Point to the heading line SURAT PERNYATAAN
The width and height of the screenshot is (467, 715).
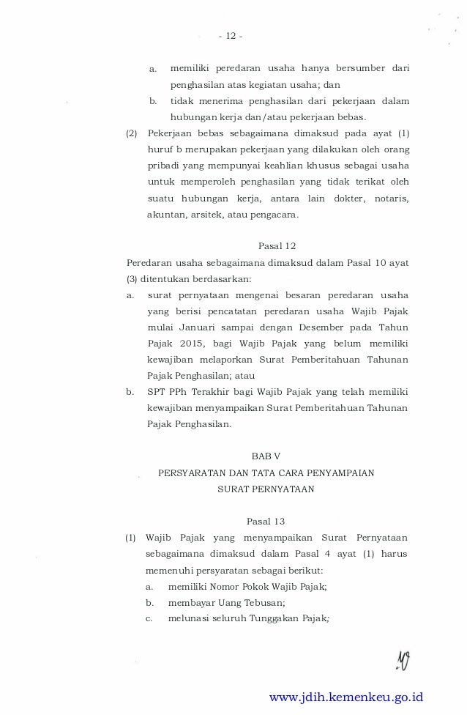pyautogui.click(x=266, y=490)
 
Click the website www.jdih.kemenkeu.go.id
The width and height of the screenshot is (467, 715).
pyautogui.click(x=346, y=697)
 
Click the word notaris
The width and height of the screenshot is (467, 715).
pyautogui.click(x=392, y=199)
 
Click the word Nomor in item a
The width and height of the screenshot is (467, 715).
pyautogui.click(x=227, y=586)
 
